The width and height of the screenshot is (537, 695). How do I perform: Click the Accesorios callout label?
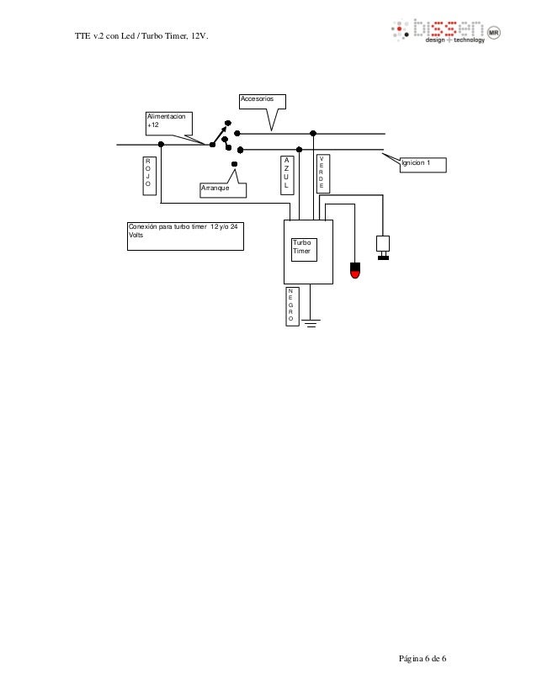pos(263,102)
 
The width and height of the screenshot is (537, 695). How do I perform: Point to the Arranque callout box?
pos(225,189)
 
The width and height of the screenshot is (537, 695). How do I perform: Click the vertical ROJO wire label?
pos(148,175)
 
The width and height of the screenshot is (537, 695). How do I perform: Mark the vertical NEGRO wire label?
pos(290,305)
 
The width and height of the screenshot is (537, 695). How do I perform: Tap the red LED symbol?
pos(355,271)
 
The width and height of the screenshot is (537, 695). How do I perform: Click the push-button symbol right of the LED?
pos(384,247)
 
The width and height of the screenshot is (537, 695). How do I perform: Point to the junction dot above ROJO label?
pos(160,145)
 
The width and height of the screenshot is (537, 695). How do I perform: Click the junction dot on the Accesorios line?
pos(313,133)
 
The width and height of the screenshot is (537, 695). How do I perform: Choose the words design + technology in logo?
pos(455,40)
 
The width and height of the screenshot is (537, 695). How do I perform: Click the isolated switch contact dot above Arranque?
pos(235,163)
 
